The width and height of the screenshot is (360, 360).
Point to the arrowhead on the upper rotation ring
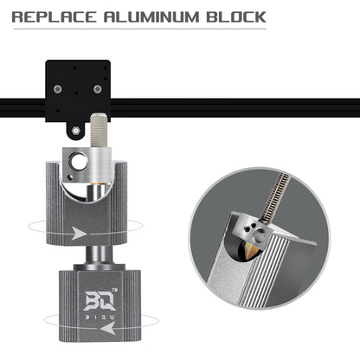click(x=79, y=233)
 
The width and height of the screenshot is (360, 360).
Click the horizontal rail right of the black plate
click(x=234, y=108)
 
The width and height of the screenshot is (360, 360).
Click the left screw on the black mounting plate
click(x=57, y=90)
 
